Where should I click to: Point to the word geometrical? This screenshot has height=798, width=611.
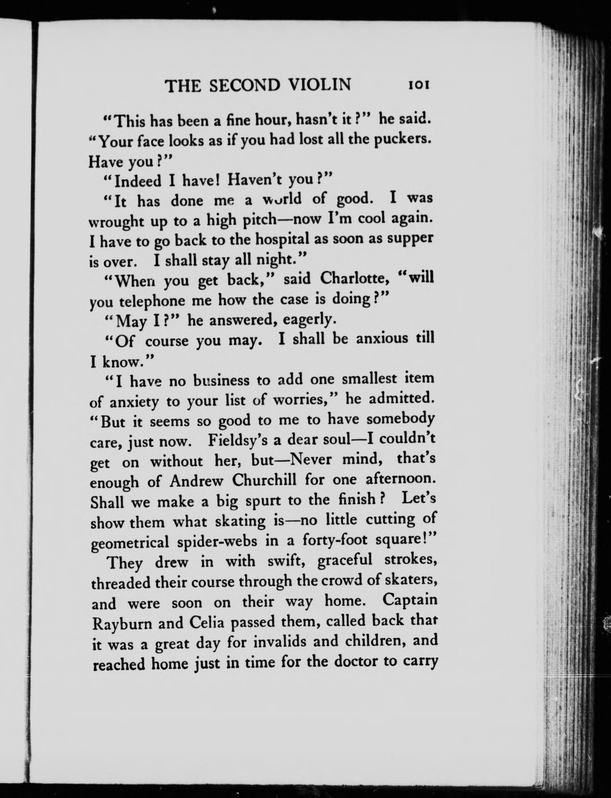(130, 543)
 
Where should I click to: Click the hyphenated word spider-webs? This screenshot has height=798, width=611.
(217, 542)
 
